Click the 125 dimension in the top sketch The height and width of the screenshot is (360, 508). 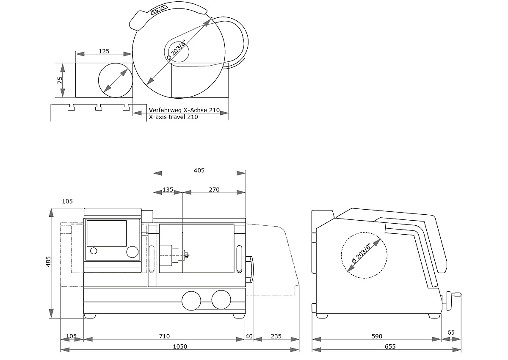point(104,51)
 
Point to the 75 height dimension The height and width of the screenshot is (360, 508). point(60,80)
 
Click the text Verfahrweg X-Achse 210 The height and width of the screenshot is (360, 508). point(184,110)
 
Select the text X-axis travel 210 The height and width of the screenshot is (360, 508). point(173,117)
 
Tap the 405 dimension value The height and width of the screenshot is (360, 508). point(199,170)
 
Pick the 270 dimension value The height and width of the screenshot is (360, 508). point(214,190)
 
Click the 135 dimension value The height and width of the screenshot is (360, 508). point(168,190)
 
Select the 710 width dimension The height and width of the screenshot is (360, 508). point(164,336)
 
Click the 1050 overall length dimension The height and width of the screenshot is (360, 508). point(180,346)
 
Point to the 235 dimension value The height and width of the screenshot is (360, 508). point(276,336)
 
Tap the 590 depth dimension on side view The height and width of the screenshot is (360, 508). point(377,336)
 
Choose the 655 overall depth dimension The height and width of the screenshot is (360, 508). point(390,346)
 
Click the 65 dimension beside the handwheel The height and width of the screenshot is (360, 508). point(451,332)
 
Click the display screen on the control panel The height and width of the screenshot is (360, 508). point(107,233)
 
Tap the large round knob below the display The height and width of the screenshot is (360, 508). point(133,252)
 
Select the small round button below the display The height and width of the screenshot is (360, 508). point(94,251)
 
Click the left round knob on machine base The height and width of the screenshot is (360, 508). point(191,300)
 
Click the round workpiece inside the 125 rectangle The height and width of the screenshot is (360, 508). point(115,80)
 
